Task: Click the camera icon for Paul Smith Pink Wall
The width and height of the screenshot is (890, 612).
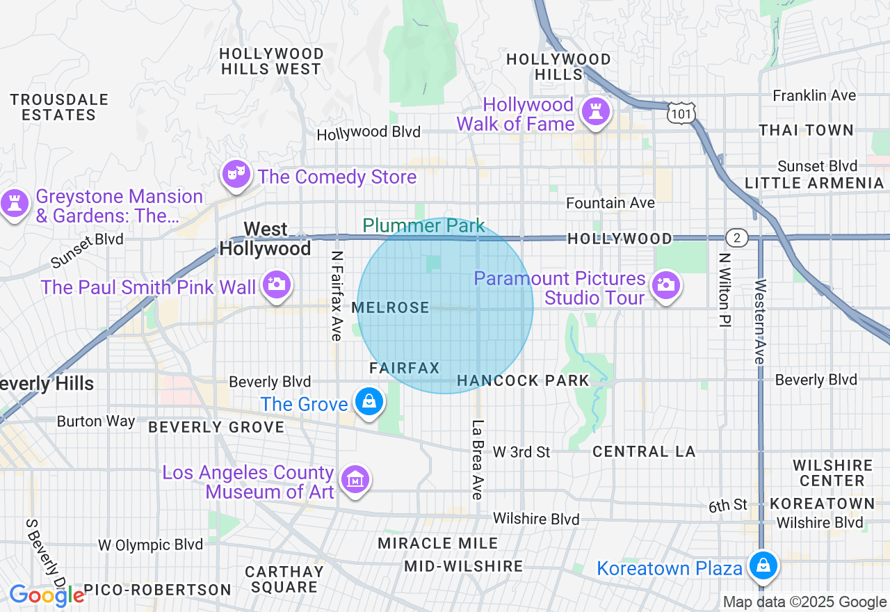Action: [x=276, y=284]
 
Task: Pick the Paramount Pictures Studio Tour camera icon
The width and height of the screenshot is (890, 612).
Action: [x=665, y=285]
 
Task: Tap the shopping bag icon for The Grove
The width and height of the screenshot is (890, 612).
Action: [x=369, y=401]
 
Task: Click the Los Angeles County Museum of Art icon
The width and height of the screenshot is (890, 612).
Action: [x=355, y=479]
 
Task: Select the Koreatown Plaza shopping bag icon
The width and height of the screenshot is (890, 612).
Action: [x=763, y=565]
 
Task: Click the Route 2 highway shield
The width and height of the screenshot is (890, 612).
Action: [x=736, y=238]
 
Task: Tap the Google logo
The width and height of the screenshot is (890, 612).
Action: [x=47, y=595]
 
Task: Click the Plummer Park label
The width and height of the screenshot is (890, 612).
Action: [x=423, y=225]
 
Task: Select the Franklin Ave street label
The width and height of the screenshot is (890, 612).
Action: [x=814, y=95]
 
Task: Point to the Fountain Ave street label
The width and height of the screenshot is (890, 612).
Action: [x=610, y=203]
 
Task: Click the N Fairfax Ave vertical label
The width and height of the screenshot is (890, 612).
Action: [x=337, y=296]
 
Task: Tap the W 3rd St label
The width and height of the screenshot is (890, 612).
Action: [x=521, y=452]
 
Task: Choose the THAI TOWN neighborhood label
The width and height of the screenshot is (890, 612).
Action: [x=806, y=130]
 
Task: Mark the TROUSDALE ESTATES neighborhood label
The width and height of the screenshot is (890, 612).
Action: [x=59, y=107]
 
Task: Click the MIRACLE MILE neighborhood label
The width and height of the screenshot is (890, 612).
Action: [x=438, y=543]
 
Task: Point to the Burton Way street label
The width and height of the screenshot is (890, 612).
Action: [x=96, y=421]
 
